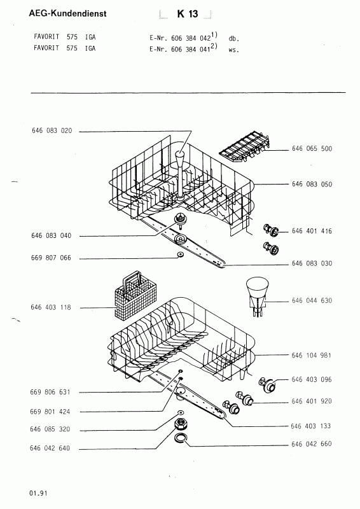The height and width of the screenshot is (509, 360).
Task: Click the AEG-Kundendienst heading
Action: pyautogui.click(x=67, y=13)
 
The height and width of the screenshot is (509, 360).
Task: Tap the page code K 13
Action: pyautogui.click(x=188, y=14)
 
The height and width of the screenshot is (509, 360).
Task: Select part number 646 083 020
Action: pyautogui.click(x=52, y=131)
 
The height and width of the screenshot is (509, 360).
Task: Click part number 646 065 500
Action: pyautogui.click(x=312, y=149)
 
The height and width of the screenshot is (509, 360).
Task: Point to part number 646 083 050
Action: pyautogui.click(x=312, y=185)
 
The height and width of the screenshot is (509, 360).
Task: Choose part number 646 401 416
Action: pyautogui.click(x=312, y=231)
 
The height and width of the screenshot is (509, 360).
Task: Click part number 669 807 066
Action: pyautogui.click(x=51, y=258)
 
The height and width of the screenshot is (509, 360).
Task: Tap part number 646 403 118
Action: pyautogui.click(x=51, y=307)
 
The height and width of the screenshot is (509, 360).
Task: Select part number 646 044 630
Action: pyautogui.click(x=312, y=300)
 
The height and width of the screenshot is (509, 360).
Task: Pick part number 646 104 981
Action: pyautogui.click(x=311, y=356)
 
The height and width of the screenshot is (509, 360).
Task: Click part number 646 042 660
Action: pyautogui.click(x=312, y=443)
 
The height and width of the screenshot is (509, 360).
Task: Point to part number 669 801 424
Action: pyautogui.click(x=50, y=412)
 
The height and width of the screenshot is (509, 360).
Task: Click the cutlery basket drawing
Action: pyautogui.click(x=136, y=295)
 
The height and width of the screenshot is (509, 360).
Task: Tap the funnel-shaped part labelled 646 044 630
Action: pyautogui.click(x=258, y=295)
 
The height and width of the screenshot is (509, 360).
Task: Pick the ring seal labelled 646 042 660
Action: pyautogui.click(x=181, y=438)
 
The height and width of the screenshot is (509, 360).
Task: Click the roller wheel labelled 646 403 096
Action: pyautogui.click(x=268, y=385)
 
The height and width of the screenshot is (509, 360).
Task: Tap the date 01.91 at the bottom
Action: pyautogui.click(x=38, y=493)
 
